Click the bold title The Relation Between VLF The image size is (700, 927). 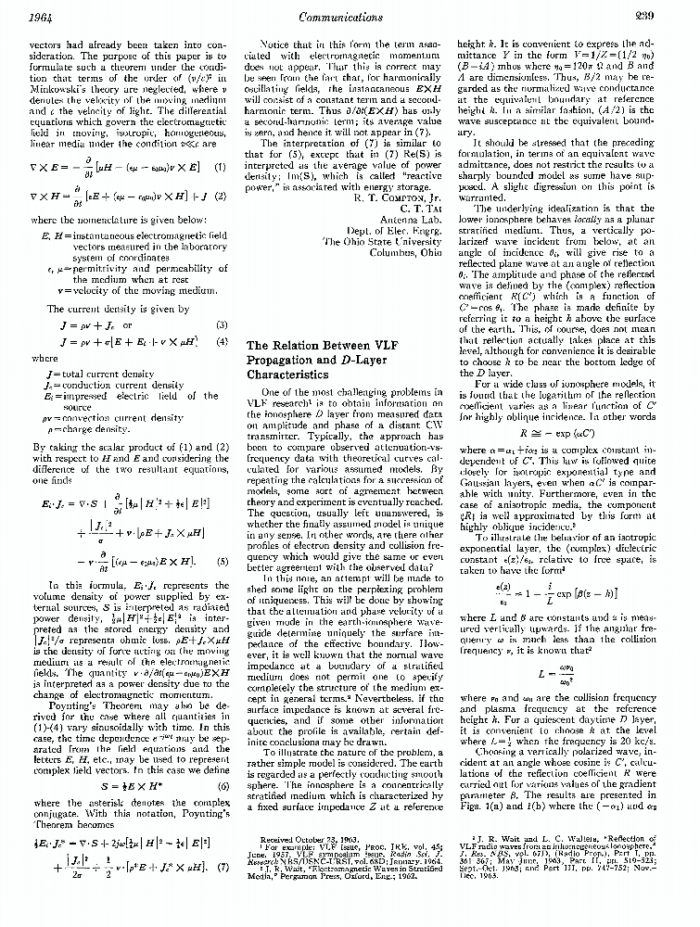pyautogui.click(x=315, y=346)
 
